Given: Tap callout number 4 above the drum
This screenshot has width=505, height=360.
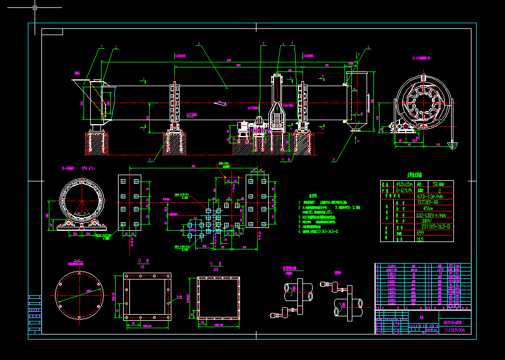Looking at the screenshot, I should point(199,44).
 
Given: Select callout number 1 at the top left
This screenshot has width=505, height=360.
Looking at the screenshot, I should point(102,47).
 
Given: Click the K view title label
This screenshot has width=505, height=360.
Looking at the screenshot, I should point(212,264).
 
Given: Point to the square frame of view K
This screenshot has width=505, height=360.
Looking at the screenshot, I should point(218,298).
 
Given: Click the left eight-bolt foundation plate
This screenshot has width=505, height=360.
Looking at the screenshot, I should point(129,203).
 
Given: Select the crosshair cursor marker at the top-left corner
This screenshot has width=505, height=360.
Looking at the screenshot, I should point(35,8).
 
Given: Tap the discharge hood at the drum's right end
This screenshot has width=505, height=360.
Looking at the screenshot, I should point(357,99).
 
